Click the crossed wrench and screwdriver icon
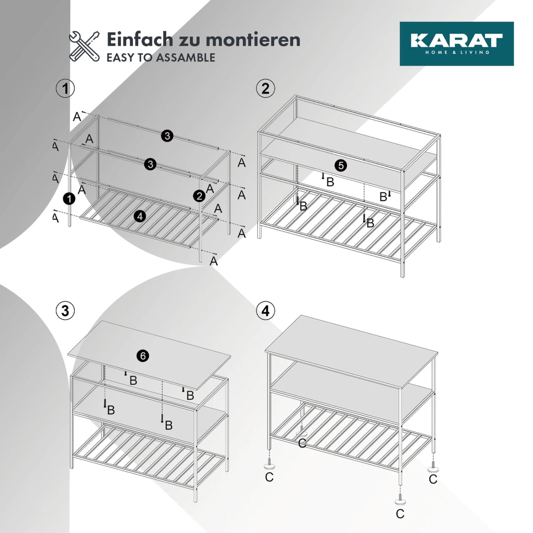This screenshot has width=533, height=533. pos(84,46)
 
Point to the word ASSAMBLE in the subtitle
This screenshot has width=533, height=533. pos(186,58)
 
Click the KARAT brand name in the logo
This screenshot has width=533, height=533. pos(457,40)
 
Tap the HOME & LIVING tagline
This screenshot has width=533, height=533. pos(457,53)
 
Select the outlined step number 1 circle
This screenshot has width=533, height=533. pos(65,88)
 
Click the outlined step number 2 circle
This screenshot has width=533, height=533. pos(265,88)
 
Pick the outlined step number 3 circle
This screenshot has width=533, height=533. pos(65,311)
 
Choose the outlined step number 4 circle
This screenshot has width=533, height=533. pos(265,311)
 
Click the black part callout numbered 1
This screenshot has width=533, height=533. pos(69,199)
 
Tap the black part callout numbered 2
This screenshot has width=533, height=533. pos(199,196)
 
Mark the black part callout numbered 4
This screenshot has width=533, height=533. pos(140,216)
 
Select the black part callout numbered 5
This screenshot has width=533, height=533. pos(341,165)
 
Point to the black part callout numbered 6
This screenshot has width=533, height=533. pos(143,356)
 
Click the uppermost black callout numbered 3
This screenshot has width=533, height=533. pos(167,136)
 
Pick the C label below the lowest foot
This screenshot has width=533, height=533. pos(400,514)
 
